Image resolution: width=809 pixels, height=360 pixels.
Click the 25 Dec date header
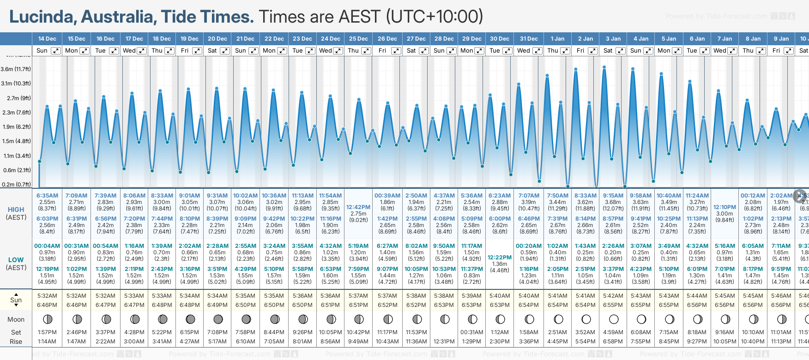click(358, 39)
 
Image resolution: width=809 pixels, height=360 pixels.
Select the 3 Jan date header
click(613, 39)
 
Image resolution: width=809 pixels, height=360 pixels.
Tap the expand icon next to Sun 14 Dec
click(55, 51)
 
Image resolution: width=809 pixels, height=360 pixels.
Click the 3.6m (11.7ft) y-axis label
click(16, 69)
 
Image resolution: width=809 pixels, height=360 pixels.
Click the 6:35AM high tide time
click(47, 196)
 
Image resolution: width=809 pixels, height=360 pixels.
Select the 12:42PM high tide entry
click(358, 207)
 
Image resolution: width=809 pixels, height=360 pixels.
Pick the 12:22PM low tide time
click(500, 258)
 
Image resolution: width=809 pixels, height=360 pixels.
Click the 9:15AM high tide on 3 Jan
click(613, 196)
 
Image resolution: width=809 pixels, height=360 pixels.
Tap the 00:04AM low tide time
click(47, 246)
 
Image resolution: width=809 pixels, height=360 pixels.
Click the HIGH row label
click(16, 210)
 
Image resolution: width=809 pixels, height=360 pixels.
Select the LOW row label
click(16, 260)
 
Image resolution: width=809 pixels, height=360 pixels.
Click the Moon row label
click(16, 319)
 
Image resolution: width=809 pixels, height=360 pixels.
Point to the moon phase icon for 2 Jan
click(586, 319)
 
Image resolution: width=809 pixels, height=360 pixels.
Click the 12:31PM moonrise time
click(444, 342)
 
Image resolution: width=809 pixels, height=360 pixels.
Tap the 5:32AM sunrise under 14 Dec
click(47, 296)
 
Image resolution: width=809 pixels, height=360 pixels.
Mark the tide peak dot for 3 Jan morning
click(604, 67)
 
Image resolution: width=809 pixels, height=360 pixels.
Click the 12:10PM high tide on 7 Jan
click(724, 207)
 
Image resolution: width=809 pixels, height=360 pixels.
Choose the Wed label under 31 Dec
click(524, 51)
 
